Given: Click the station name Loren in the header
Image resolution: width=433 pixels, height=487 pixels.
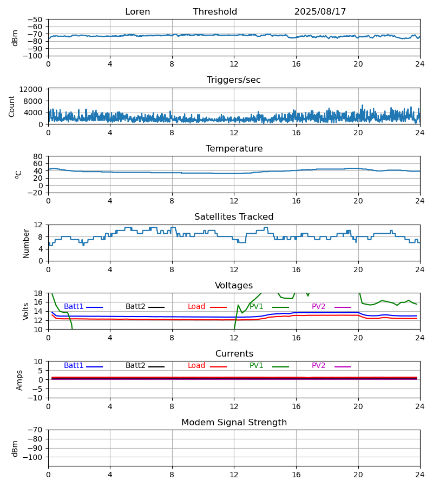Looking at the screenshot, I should [137, 12].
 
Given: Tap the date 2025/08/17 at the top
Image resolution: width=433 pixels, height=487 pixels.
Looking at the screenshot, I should [320, 12].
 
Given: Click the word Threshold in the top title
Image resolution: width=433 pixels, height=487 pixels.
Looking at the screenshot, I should [215, 12].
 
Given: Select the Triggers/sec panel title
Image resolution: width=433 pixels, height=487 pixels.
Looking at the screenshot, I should [234, 80].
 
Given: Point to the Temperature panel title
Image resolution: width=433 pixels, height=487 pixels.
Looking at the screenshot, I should [234, 149].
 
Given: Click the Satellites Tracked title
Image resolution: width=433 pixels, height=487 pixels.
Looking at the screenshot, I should [234, 217].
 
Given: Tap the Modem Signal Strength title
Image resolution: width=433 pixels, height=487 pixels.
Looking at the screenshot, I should [234, 423].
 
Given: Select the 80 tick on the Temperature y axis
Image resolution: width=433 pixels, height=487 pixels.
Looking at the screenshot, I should [38, 156].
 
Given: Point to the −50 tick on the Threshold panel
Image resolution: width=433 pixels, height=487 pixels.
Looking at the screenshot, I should [36, 19].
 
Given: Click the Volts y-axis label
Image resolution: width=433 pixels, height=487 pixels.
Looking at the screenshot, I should [27, 311].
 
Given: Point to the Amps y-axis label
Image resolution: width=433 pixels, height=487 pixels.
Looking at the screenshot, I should [20, 380].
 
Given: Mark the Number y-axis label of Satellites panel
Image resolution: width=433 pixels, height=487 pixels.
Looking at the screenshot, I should [27, 243].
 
